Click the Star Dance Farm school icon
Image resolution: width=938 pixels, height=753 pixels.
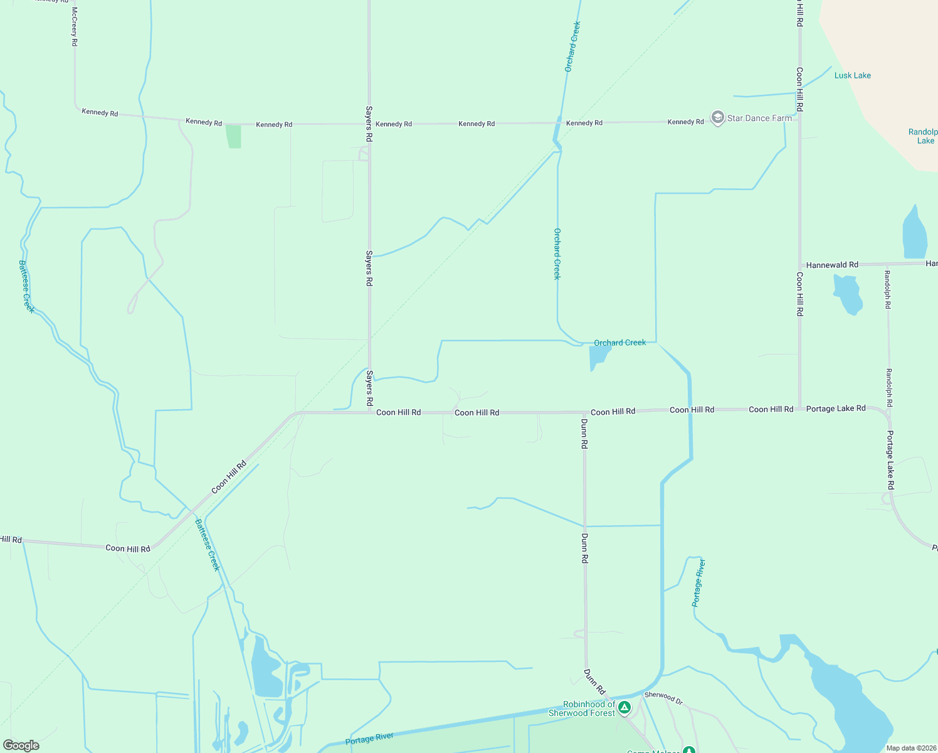717,118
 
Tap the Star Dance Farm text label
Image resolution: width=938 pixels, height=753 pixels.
759,118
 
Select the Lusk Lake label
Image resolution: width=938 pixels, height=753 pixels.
852,75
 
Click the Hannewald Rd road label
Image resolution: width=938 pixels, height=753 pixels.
832,265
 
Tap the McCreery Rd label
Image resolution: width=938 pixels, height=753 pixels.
74,27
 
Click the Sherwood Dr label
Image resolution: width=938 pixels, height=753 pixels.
663,697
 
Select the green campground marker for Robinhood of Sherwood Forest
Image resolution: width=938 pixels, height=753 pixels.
624,708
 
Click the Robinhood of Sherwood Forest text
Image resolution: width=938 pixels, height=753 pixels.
582,708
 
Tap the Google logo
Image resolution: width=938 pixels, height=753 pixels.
21,745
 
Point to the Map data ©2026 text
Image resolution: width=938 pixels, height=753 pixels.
911,748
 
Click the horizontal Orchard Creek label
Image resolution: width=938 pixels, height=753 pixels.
619,343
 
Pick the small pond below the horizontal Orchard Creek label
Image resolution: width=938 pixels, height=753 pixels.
599,356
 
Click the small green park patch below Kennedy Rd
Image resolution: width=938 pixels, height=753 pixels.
234,136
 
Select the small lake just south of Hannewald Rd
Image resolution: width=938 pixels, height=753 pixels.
848,293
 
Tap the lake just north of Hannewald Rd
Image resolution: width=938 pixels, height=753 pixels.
915,234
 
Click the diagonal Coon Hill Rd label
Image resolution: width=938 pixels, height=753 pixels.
229,478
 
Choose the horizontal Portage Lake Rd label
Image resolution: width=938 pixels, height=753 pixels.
836,409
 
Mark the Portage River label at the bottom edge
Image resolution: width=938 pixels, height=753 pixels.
369,739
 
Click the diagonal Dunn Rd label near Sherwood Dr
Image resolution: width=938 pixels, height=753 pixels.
594,682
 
